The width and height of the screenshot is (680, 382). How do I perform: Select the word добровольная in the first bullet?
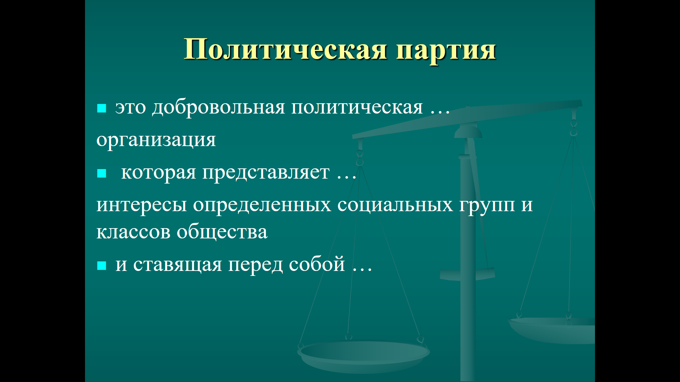tap(219, 108)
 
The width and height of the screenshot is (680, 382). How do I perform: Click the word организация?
tap(156, 140)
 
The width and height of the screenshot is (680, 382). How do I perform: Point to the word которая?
tap(158, 173)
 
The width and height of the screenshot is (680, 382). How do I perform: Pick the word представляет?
tap(266, 173)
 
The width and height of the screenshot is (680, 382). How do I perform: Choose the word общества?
tap(222, 231)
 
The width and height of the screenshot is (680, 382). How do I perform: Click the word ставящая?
tap(177, 265)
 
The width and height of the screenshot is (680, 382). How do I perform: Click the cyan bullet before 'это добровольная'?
tap(102, 108)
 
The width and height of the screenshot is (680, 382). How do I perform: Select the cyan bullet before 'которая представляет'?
tap(102, 173)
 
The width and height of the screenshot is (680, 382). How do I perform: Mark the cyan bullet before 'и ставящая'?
tap(102, 265)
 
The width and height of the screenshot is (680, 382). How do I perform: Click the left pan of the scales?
tap(364, 355)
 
